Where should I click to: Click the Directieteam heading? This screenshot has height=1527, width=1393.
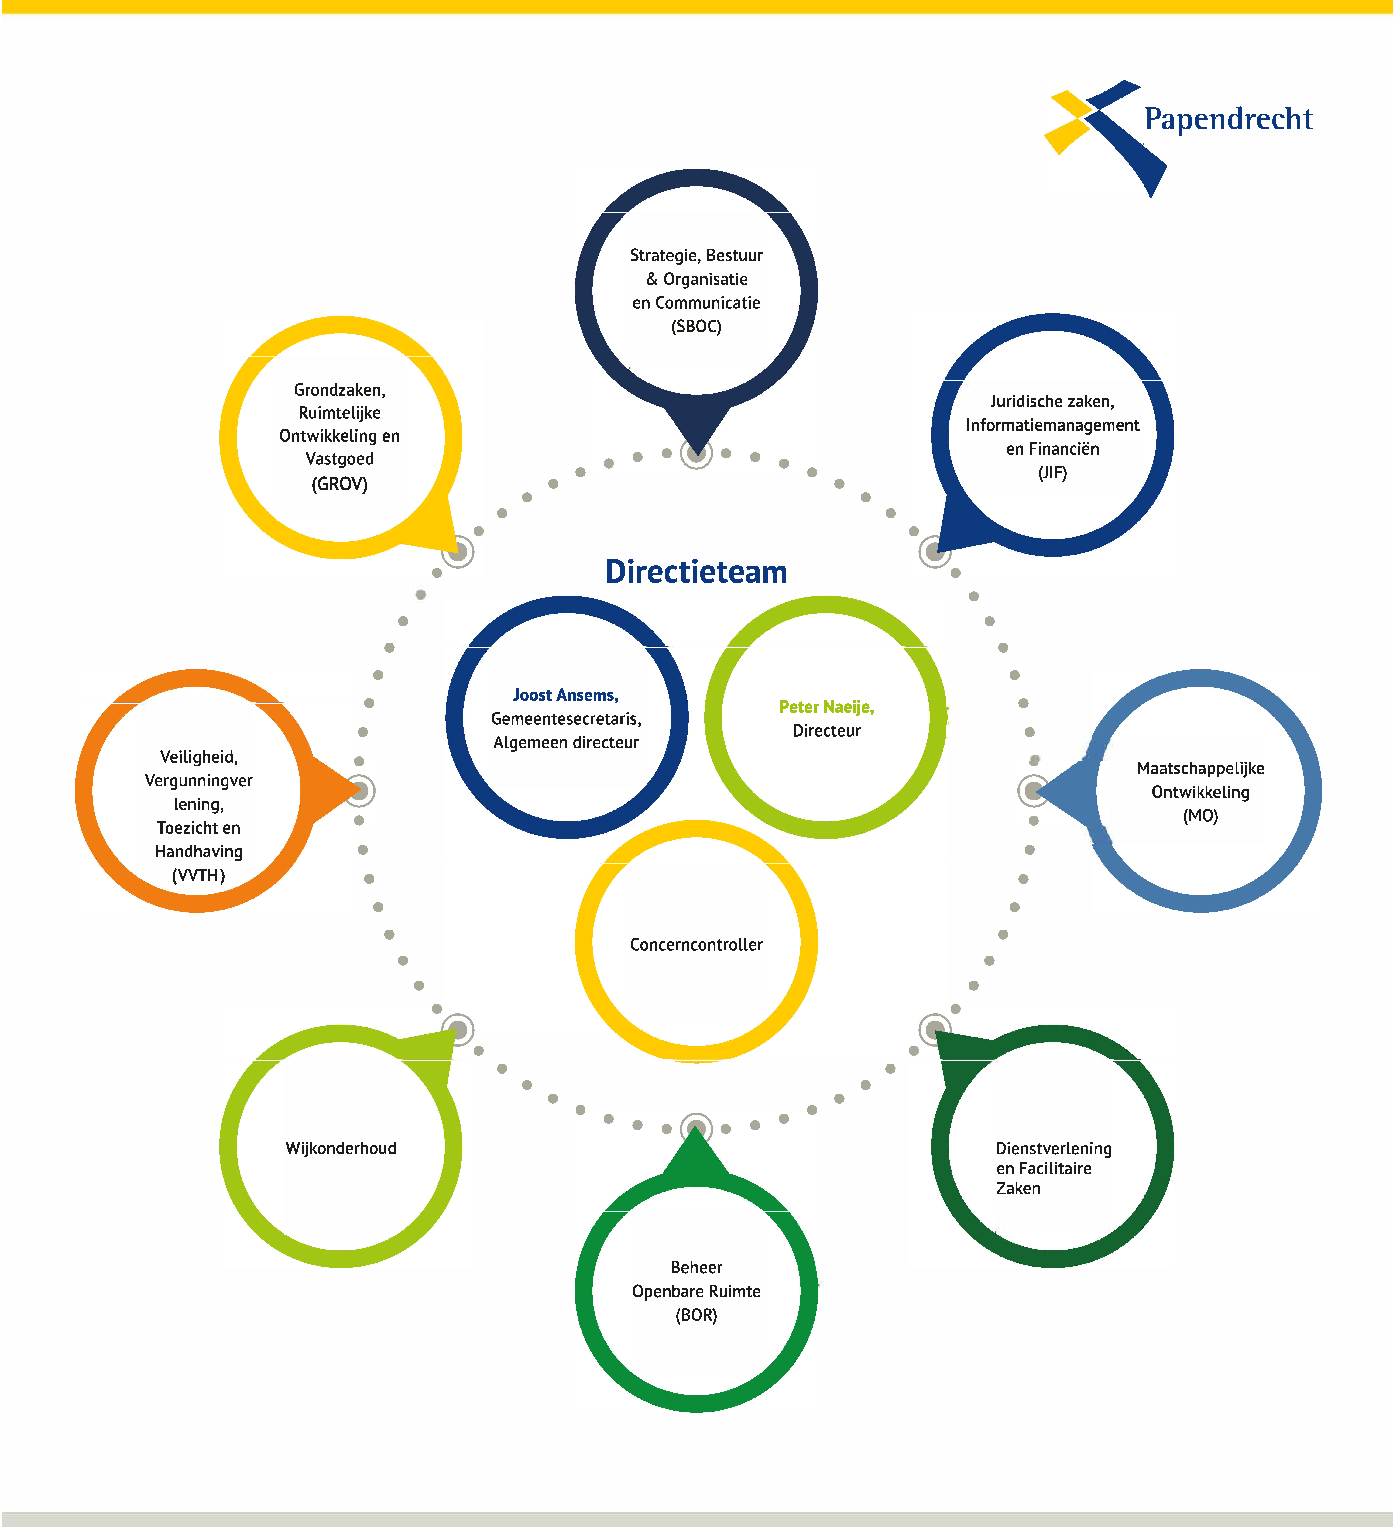(x=696, y=572)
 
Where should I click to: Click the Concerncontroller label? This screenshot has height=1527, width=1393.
(x=696, y=944)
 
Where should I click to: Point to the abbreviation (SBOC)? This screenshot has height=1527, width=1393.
(x=696, y=326)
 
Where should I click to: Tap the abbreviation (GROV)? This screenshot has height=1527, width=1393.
(x=339, y=484)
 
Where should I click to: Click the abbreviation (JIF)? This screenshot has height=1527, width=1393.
(x=1052, y=473)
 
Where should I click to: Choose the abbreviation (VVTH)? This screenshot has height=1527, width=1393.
(x=198, y=876)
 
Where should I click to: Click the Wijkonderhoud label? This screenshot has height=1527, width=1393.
(x=341, y=1148)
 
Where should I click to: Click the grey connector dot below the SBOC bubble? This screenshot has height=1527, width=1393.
(x=696, y=454)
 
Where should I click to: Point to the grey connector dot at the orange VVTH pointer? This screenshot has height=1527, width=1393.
(x=360, y=791)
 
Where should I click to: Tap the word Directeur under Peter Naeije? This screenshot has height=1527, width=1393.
(x=826, y=731)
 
